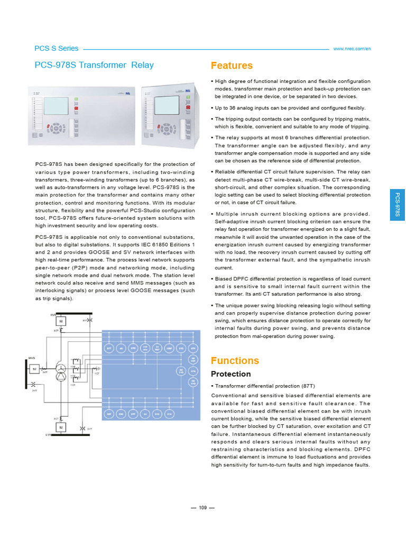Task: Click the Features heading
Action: tap(232, 66)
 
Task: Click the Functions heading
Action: tap(235, 361)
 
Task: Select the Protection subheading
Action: tap(230, 374)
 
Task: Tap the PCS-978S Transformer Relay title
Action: tap(94, 65)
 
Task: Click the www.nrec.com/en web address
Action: tap(352, 49)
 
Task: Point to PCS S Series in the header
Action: tap(56, 48)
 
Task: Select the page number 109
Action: tap(202, 508)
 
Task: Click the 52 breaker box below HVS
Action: tap(61, 321)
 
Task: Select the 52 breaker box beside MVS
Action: tap(34, 369)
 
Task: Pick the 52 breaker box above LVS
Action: tap(61, 426)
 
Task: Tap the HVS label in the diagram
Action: tap(53, 315)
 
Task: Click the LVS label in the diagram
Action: tap(48, 435)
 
